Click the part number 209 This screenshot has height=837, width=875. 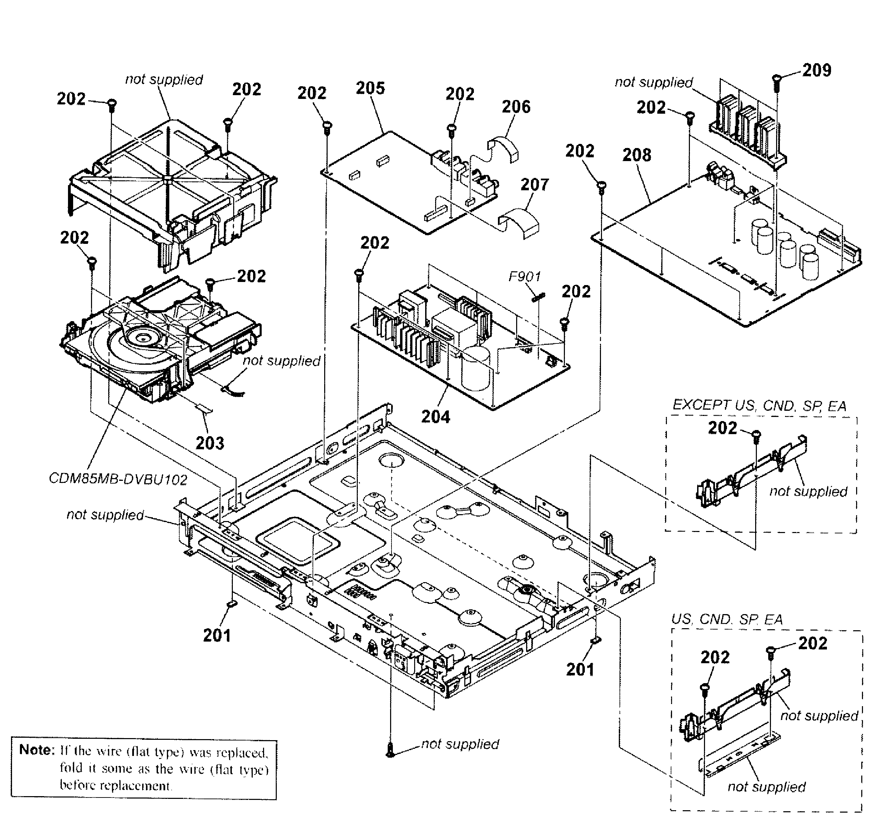[x=817, y=70]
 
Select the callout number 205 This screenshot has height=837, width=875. [x=370, y=88]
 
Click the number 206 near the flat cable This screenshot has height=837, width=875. [x=516, y=107]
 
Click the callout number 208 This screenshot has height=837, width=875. [x=637, y=155]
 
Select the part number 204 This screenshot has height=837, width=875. [x=435, y=417]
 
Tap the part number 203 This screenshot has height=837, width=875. [x=210, y=443]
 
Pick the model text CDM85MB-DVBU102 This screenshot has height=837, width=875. [x=118, y=479]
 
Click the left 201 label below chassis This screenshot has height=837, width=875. [x=217, y=635]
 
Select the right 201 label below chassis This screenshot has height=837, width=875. [x=580, y=669]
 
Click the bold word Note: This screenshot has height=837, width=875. [x=37, y=749]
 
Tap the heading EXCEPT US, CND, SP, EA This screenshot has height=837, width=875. [x=759, y=406]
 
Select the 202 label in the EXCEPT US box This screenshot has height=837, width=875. [x=723, y=428]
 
